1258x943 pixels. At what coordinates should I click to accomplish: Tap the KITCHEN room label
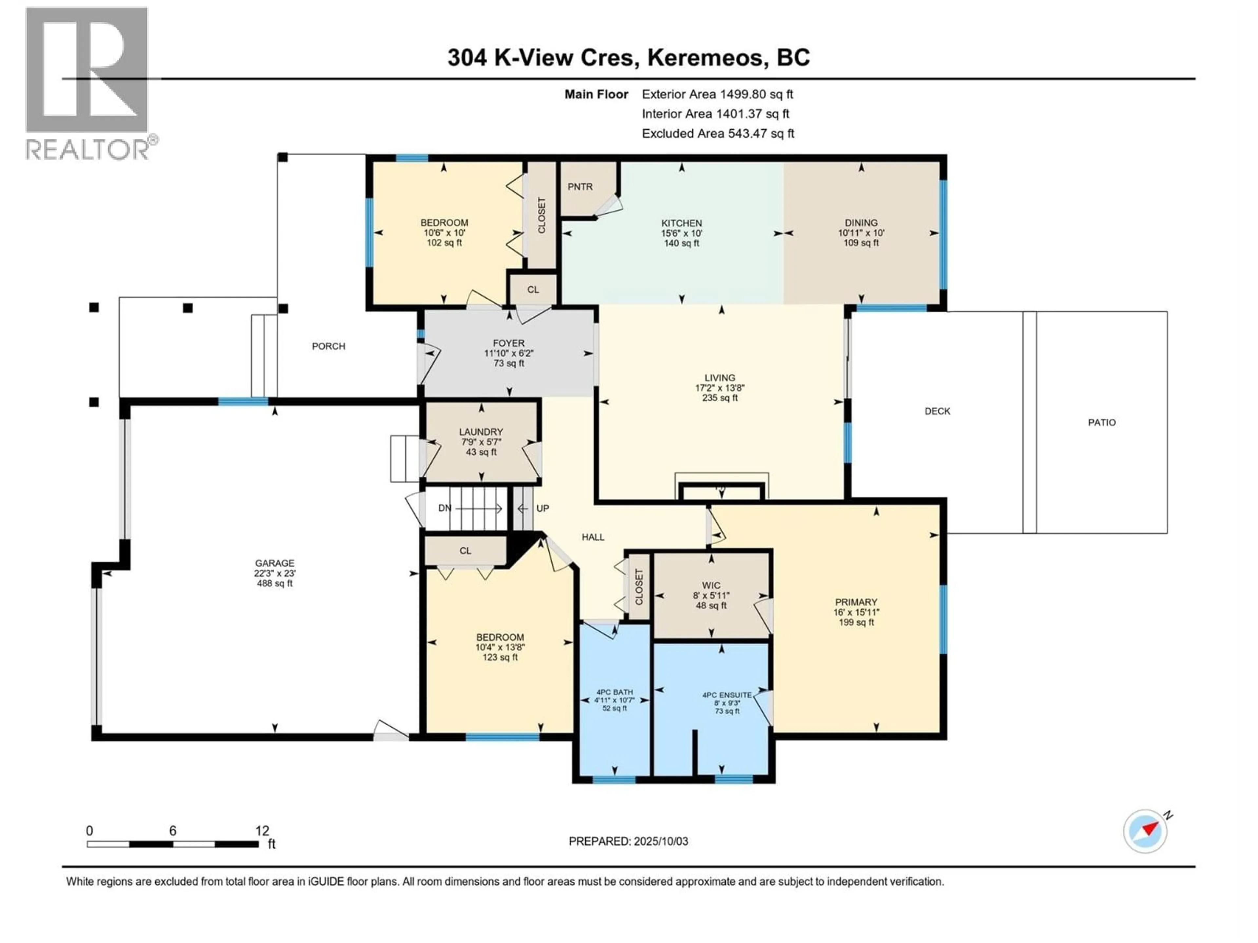tap(681, 223)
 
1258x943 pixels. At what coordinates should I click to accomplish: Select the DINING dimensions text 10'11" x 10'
tap(861, 232)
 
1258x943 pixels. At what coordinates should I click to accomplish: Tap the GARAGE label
tap(274, 563)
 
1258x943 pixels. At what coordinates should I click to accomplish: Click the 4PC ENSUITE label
tap(727, 694)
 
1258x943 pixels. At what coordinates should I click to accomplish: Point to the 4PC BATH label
tap(614, 692)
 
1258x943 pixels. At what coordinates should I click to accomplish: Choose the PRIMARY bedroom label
tap(856, 601)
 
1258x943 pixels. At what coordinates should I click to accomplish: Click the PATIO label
tap(1102, 422)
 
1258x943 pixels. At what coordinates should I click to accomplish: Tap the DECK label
tap(937, 411)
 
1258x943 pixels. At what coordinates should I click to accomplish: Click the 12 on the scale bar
tap(262, 830)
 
